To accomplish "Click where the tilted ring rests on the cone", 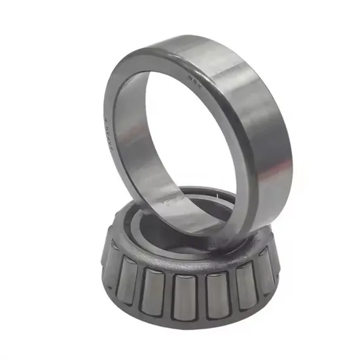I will (196, 226).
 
